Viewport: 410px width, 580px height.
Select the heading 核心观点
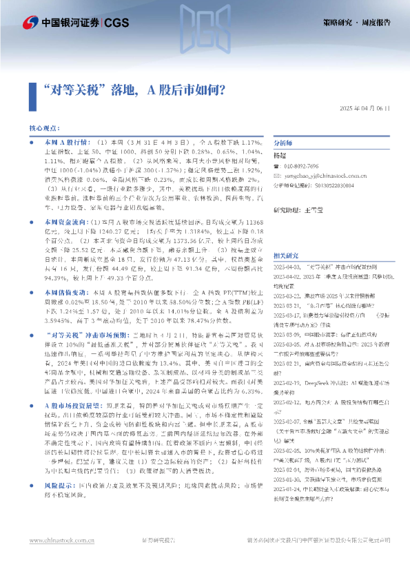[43, 129]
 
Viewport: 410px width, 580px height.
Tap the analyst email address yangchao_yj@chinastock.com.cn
[323, 176]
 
